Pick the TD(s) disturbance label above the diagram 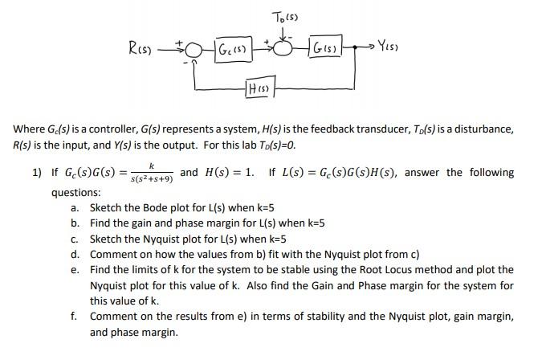(x=285, y=17)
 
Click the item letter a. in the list (x=75, y=208)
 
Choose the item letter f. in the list (x=75, y=317)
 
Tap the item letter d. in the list (x=75, y=255)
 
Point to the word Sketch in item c (x=106, y=239)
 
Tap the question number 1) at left (x=37, y=173)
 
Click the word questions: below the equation (x=76, y=193)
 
